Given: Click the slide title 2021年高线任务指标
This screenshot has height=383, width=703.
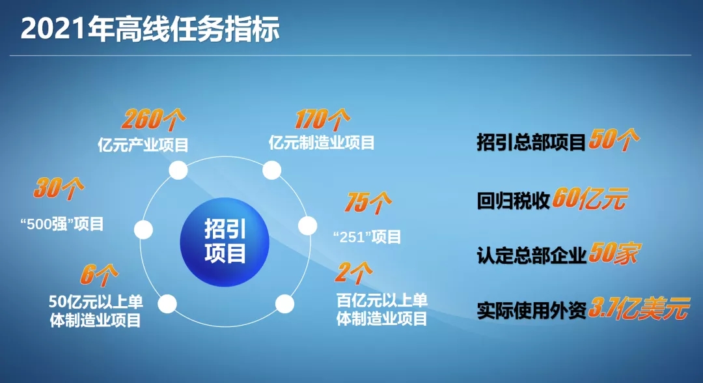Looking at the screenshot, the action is point(150,29).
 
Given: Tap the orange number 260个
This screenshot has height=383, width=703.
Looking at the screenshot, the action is point(154,120).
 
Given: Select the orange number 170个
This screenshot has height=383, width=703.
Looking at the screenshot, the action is point(322,119).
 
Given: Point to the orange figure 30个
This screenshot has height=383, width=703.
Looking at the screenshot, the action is point(59,188).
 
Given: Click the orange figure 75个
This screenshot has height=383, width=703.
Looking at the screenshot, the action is point(368,203).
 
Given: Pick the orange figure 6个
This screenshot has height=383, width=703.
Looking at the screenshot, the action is point(99,274).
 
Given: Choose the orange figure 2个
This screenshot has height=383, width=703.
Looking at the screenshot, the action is point(353,272).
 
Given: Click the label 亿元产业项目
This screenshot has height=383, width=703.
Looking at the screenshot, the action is point(143,145).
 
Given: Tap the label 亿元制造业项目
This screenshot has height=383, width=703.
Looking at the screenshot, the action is point(322,143).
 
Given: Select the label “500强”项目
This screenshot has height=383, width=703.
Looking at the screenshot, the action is point(62,224).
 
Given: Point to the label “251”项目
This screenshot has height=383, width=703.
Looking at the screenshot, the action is point(367,237).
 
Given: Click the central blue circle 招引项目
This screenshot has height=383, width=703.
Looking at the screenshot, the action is point(225,242).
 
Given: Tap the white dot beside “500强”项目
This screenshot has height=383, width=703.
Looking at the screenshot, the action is point(143,230).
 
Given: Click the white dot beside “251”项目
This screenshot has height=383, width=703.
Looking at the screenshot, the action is point(307,225).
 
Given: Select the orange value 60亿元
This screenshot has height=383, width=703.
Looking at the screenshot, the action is point(590,199).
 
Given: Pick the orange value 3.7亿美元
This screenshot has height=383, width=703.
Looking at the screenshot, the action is point(639,309).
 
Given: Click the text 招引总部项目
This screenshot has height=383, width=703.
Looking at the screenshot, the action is point(531,143).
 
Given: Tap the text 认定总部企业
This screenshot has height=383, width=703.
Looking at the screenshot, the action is point(531,255).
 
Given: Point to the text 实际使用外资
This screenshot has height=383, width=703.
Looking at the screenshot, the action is point(531,311).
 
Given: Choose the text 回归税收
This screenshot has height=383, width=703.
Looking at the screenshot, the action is point(514,201).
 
